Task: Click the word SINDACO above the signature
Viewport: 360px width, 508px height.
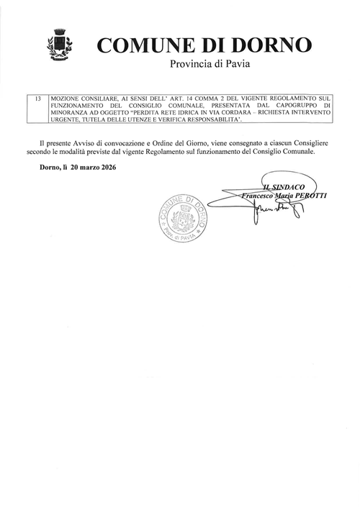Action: tap(290, 186)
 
